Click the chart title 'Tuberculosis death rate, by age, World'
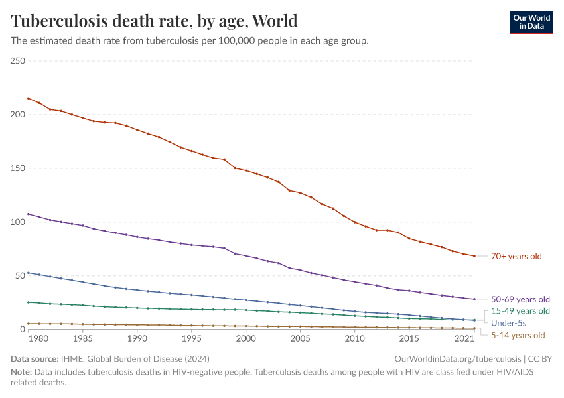(x=154, y=21)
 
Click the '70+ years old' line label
(x=516, y=256)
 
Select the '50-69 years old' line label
(x=520, y=299)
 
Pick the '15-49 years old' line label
(x=520, y=310)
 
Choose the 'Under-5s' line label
(x=508, y=322)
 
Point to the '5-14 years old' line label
(x=518, y=335)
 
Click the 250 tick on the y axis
(x=18, y=61)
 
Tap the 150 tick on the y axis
(x=18, y=168)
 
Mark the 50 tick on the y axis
(x=20, y=275)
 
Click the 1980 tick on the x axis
(x=39, y=338)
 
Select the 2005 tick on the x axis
(x=301, y=338)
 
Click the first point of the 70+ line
(x=28, y=98)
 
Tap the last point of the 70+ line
(x=474, y=256)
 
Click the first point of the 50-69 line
(x=28, y=214)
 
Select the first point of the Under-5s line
(x=28, y=273)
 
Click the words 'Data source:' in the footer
(x=33, y=358)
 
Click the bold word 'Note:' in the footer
(x=21, y=372)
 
